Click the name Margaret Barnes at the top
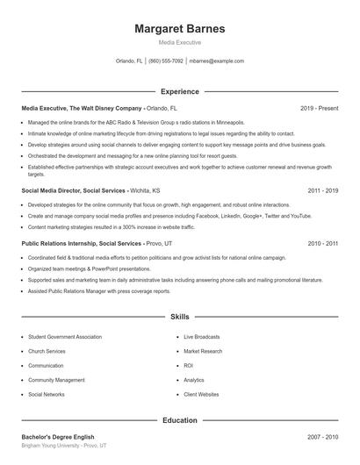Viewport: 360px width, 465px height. point(180,29)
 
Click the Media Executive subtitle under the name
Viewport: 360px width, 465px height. point(180,42)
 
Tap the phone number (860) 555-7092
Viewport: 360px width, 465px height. point(166,61)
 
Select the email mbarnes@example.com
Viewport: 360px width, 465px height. point(216,61)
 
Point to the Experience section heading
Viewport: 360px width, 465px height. point(180,91)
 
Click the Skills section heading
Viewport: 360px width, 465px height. point(180,316)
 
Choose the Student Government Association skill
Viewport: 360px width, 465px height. point(65,336)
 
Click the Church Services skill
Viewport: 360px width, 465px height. point(47,351)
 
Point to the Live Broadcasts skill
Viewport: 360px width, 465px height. point(202,336)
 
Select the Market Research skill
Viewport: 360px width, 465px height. point(203,351)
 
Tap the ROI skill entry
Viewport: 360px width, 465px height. point(188,365)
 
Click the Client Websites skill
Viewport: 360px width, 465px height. point(201,395)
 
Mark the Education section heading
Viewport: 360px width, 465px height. point(180,420)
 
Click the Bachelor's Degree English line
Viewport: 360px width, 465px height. point(58,437)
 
